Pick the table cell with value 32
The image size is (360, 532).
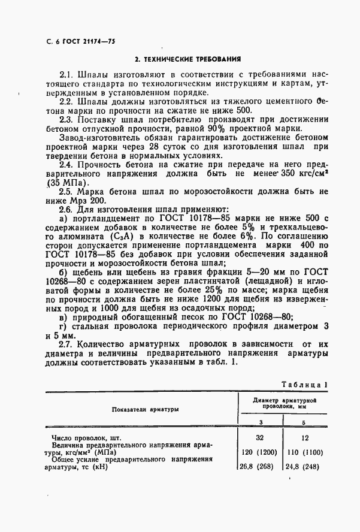point(260,438)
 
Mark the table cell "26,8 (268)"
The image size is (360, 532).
point(260,467)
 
